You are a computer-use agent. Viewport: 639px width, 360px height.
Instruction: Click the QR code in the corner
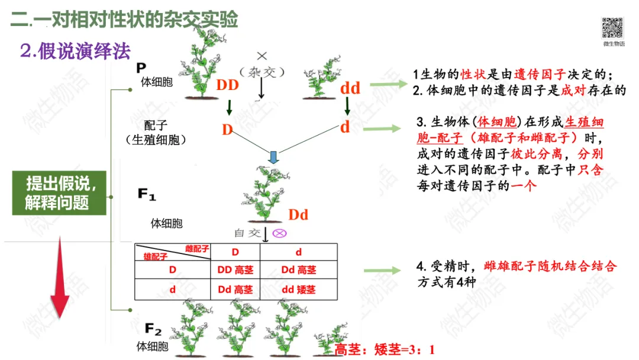[x=613, y=28]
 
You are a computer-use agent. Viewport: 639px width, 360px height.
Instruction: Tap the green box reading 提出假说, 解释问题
[x=59, y=192]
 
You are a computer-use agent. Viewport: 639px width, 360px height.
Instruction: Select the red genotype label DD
[x=227, y=85]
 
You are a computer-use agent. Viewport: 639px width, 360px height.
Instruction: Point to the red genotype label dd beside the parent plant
[x=350, y=88]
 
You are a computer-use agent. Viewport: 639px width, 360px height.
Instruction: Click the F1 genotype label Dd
[x=298, y=214]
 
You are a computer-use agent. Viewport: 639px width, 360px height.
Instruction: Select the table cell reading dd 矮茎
[x=298, y=290]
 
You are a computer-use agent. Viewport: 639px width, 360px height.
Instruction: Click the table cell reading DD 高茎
[x=235, y=270]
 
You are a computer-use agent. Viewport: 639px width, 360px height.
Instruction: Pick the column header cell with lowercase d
[x=298, y=252]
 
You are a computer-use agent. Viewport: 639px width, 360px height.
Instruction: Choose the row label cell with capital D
[x=173, y=270]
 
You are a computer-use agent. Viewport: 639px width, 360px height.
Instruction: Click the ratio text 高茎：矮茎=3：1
[x=385, y=349]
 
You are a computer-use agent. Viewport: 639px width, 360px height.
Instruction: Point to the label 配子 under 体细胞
[x=156, y=126]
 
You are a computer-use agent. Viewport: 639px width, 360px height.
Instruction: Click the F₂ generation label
[x=153, y=329]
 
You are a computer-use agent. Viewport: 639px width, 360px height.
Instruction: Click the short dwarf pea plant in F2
[x=328, y=339]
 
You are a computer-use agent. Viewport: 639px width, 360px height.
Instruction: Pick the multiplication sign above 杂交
[x=262, y=56]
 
